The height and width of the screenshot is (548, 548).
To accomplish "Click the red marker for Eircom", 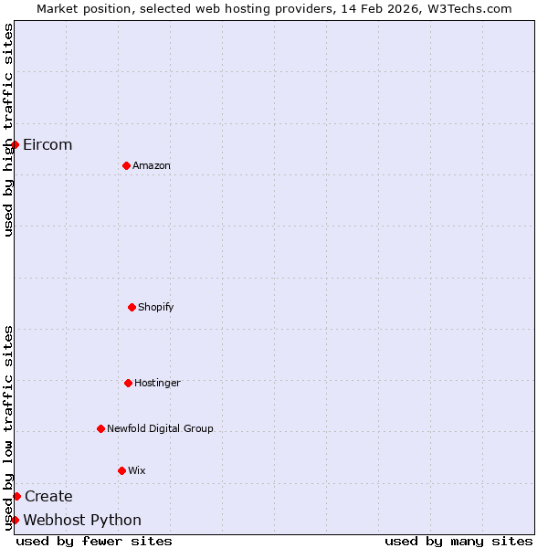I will [x=15, y=144].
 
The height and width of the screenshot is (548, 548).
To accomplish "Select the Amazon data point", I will [x=126, y=165].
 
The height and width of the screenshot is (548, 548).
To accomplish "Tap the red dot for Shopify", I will [x=132, y=307].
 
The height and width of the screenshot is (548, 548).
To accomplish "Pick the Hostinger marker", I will [x=128, y=383].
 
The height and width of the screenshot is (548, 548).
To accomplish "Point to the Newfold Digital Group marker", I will [x=100, y=428].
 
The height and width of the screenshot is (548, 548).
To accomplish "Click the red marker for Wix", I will [x=121, y=470].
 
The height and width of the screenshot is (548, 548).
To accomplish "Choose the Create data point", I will [x=16, y=496].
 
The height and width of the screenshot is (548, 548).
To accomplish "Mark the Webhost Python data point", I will [x=15, y=520].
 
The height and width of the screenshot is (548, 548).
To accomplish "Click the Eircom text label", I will [x=47, y=144].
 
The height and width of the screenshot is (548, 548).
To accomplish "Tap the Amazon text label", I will [x=152, y=165].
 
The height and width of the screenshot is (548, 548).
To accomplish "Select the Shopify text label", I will [x=156, y=307].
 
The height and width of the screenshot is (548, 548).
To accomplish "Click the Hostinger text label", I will [x=157, y=383].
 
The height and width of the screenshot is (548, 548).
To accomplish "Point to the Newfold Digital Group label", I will [x=160, y=428].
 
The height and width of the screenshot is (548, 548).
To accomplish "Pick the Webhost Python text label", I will [x=82, y=520].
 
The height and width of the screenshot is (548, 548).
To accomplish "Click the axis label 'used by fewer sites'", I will [x=94, y=541].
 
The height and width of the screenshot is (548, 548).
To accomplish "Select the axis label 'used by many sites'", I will [x=458, y=541].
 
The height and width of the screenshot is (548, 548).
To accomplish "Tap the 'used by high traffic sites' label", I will [x=8, y=130].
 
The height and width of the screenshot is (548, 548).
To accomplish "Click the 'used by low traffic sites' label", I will [x=8, y=427].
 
